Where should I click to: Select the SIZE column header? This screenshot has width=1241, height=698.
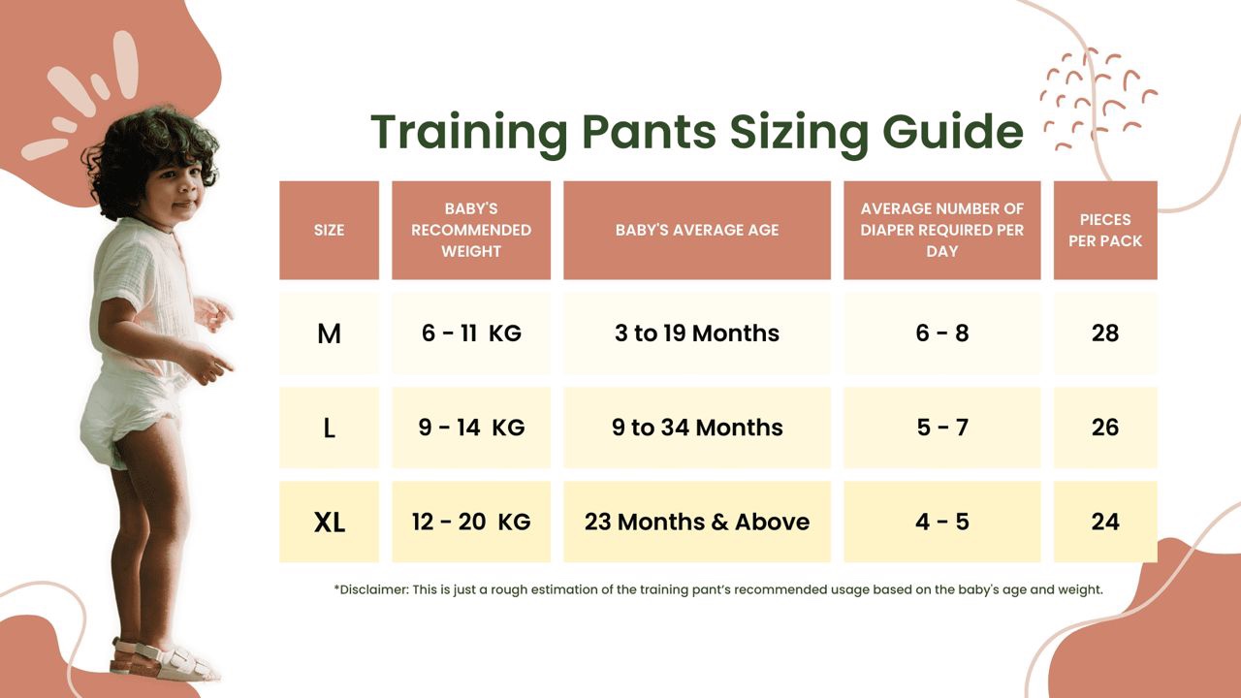point(329,230)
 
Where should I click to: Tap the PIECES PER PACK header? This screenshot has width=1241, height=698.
point(1105,230)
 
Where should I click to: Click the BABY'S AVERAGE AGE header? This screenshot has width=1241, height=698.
point(696,230)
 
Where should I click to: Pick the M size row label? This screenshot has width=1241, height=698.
point(329,333)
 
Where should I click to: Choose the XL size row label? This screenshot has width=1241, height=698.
point(329,523)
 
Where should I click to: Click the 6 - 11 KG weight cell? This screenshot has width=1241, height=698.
point(471,333)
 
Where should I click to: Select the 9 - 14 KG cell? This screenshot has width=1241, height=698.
point(471,428)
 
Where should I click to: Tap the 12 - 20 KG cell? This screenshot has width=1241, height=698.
point(471,522)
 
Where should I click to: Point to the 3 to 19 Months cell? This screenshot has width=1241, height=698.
point(696,333)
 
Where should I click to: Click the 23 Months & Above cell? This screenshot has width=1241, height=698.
point(696,522)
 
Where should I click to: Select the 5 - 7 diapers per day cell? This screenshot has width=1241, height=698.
point(941,428)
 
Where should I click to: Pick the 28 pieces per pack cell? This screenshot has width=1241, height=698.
point(1105,333)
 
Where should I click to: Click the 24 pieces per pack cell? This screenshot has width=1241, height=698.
point(1105,522)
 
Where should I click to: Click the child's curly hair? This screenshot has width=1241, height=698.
point(145,145)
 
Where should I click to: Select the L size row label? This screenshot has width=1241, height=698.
point(329,428)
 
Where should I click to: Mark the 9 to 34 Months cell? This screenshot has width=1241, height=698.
point(696,428)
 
